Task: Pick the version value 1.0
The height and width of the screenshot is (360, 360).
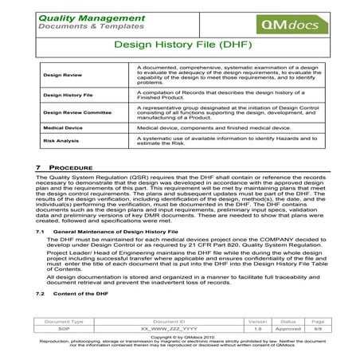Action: (256, 328)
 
